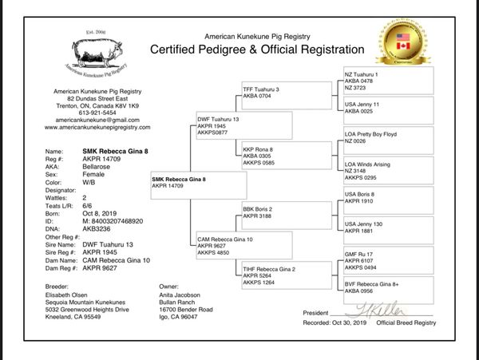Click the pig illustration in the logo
coord(97,53)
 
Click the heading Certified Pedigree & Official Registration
coord(258,49)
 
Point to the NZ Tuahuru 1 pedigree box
coord(388,80)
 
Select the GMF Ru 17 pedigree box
coord(388,260)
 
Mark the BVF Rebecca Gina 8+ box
coord(388,288)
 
